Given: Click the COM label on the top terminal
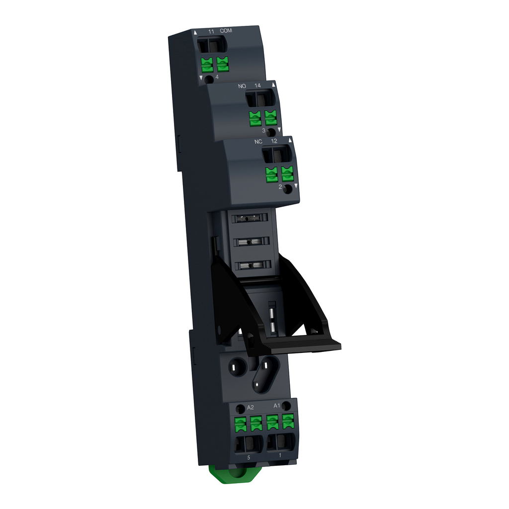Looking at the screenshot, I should point(226,31).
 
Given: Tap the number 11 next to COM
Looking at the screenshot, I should point(211,32).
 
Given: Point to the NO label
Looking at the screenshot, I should point(242,86).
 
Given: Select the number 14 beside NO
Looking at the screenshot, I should point(257,86).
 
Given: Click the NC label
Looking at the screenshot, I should point(258,141).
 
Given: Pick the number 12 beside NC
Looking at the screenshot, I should point(274,141).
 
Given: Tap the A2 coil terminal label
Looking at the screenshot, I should point(251,407).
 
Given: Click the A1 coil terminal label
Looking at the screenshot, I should point(277,405).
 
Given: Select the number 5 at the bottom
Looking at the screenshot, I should point(249,455).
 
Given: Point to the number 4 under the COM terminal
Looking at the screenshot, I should point(217,77).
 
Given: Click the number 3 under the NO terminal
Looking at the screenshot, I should point(264,131).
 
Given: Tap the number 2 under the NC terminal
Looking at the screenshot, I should point(280,187).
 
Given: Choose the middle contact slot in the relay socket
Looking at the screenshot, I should point(247,242).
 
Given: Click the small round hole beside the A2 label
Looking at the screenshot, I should point(240,409).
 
